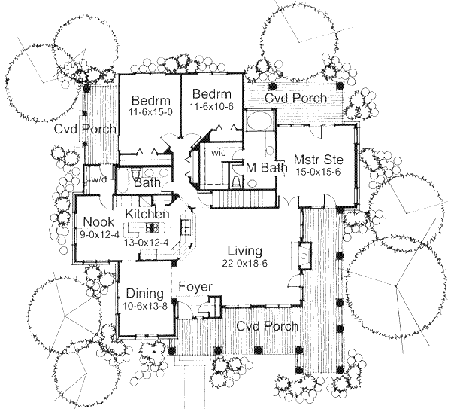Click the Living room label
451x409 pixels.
(x=241, y=251)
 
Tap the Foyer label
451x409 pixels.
(x=195, y=288)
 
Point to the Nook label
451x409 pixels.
(x=98, y=222)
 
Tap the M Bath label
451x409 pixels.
(x=267, y=170)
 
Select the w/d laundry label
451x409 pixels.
(x=98, y=179)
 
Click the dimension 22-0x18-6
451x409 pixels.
(x=241, y=263)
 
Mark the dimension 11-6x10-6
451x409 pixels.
(x=213, y=107)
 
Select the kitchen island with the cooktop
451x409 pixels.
(x=154, y=227)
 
